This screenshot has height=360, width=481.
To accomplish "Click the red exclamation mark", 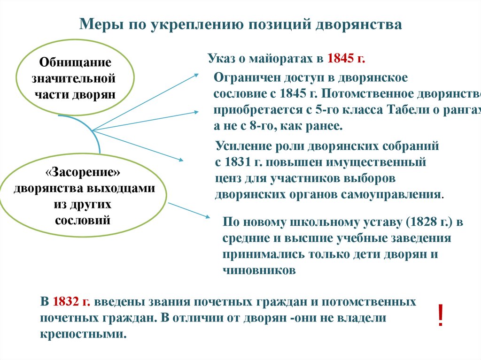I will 440,316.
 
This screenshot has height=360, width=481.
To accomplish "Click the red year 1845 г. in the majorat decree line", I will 346,59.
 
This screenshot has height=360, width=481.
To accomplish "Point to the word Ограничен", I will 244,77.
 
